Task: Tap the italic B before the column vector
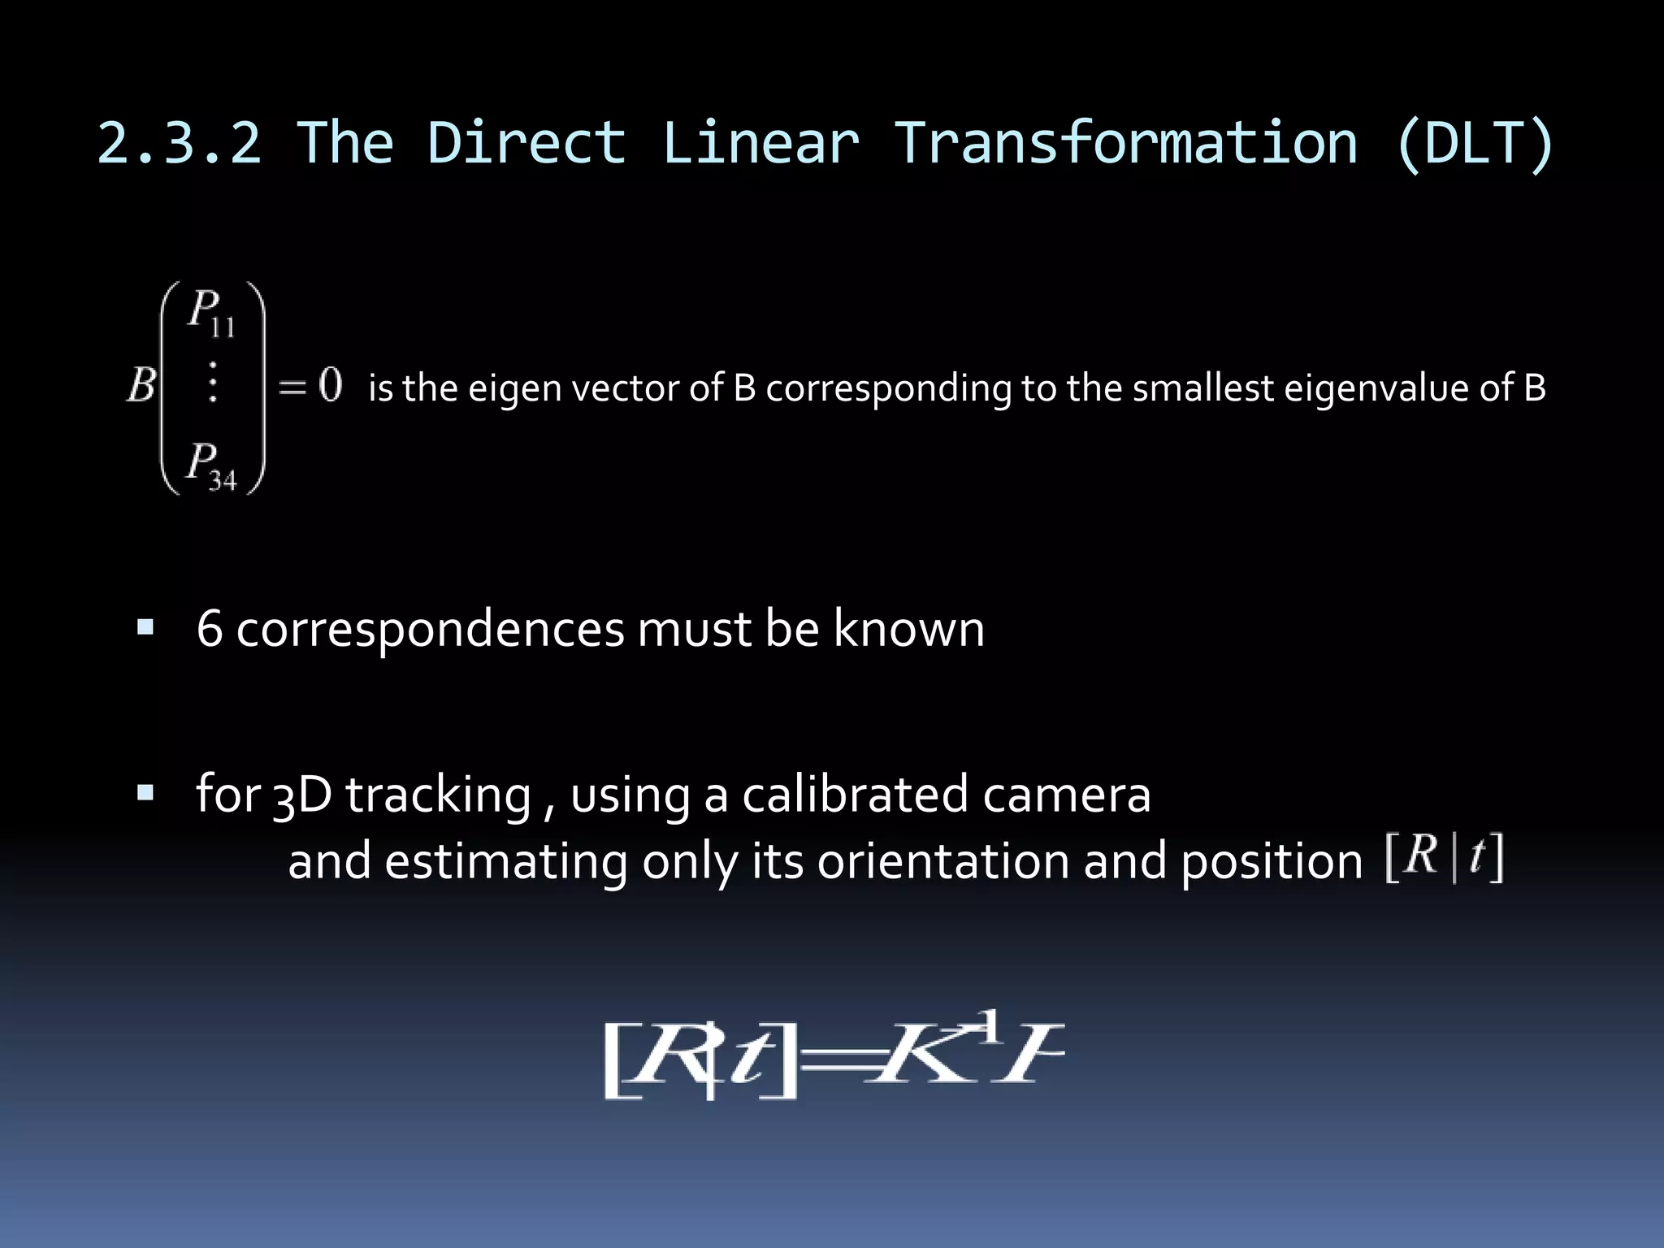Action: point(141,384)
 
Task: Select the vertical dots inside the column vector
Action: point(213,383)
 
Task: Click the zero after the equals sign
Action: point(330,384)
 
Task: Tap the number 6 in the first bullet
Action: point(210,629)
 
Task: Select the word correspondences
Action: point(430,630)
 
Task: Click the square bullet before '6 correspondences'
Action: point(145,627)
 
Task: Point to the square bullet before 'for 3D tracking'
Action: point(145,793)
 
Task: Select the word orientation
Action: point(943,861)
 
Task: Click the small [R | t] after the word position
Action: point(1444,857)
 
